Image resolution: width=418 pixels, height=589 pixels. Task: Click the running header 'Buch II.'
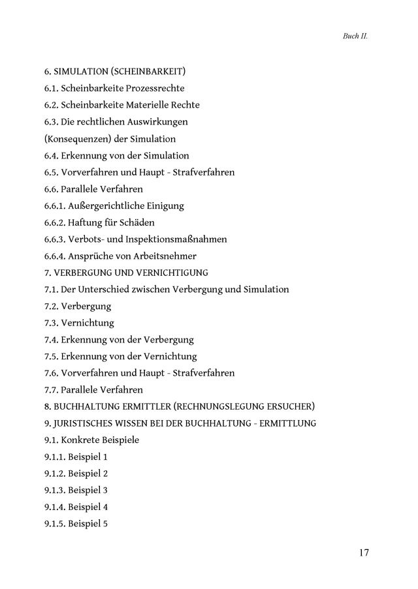pyautogui.click(x=355, y=37)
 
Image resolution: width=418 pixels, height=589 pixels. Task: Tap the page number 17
pyautogui.click(x=364, y=552)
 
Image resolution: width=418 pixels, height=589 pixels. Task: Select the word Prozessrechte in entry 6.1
pyautogui.click(x=153, y=88)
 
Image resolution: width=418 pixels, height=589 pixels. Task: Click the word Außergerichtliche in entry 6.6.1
pyautogui.click(x=106, y=206)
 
